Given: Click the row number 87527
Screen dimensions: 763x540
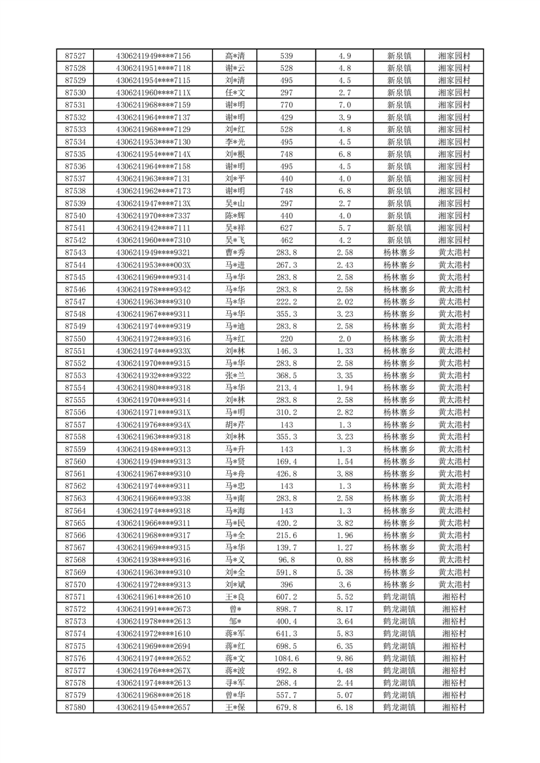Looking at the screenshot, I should pos(75,56).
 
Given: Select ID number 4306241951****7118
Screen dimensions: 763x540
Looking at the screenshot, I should pos(154,68).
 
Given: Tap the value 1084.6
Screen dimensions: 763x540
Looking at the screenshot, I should pos(286,658).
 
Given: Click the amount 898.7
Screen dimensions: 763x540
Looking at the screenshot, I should pos(286,609).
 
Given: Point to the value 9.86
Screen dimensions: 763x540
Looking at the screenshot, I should pos(344,658).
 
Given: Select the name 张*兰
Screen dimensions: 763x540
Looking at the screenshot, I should pos(235,375).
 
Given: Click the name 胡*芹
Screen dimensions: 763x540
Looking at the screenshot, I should pos(235,424).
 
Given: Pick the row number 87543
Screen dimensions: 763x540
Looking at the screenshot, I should pos(75,252).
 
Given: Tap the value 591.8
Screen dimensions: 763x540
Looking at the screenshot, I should pos(286,572).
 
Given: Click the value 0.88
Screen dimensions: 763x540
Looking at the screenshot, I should pos(344,560).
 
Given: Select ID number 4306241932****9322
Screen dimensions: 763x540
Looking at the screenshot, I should pos(154,375).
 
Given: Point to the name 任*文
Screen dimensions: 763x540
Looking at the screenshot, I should pos(235,92).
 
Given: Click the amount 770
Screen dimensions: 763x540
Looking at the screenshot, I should pos(286,105).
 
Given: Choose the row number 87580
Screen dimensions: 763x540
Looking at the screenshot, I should pos(75,707).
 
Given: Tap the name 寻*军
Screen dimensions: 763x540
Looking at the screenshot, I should pos(235,683).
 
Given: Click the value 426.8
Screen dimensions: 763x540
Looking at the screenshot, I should pos(286,474).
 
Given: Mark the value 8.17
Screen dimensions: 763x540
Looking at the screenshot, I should pos(344,609).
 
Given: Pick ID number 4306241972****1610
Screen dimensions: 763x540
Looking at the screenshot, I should pos(154,634).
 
